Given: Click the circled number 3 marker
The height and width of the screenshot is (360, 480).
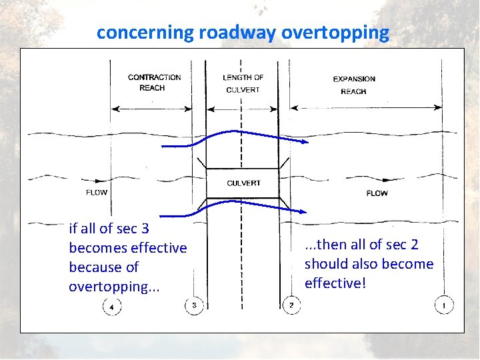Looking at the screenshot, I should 193,305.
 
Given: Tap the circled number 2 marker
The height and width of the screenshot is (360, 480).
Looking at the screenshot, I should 292,305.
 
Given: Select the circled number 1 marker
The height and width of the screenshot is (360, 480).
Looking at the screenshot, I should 444,305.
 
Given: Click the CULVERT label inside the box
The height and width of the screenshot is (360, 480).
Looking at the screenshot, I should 243,183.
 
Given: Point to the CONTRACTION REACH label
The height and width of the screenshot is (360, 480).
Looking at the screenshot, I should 154,83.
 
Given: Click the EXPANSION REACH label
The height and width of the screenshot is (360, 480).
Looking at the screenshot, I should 354,85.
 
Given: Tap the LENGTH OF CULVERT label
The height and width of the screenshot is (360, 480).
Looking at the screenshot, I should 243,83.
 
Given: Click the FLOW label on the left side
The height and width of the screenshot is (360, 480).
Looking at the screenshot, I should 97,193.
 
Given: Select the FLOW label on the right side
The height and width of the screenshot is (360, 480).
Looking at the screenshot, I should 377,193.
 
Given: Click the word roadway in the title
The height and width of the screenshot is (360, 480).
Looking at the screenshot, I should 237,33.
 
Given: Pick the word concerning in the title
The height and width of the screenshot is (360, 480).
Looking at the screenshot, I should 145,33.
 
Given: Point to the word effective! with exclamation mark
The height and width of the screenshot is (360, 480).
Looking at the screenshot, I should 335,283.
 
